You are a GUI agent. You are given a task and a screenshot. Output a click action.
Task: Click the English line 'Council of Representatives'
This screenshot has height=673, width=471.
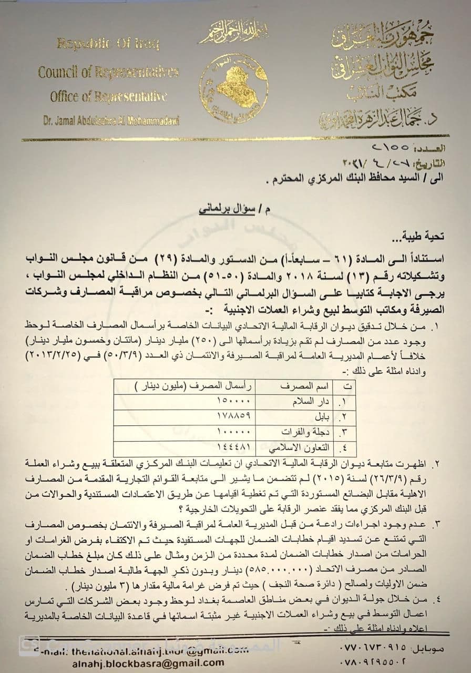108,72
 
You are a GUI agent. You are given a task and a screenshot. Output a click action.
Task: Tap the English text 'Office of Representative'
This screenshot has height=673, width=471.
108,97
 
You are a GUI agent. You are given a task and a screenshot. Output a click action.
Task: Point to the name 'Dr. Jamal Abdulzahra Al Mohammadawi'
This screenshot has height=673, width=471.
111,121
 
